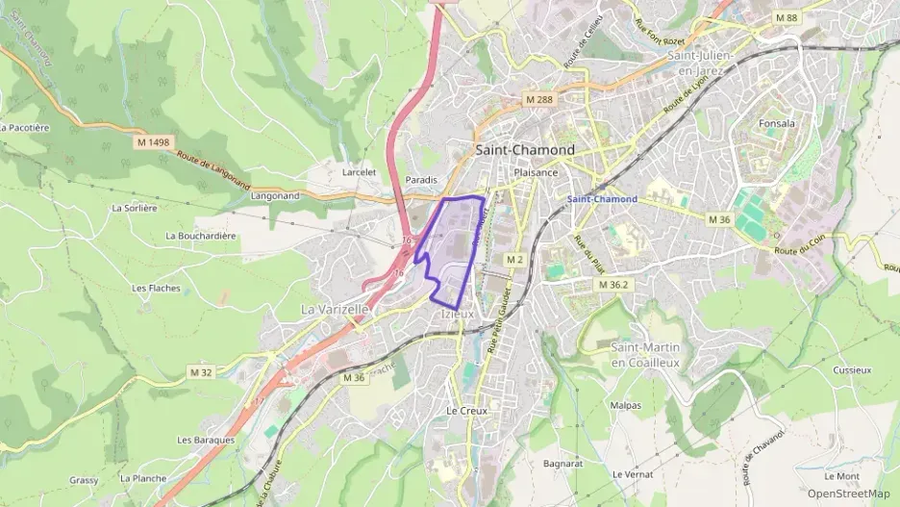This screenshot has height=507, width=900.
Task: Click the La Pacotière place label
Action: click(25, 127)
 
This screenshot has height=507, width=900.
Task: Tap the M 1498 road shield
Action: click(153, 142)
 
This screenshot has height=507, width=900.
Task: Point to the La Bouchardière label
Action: click(201, 236)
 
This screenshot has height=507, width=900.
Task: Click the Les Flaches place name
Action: click(156, 288)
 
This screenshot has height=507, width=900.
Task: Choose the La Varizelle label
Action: click(335, 310)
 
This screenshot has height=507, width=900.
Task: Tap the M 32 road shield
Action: click(201, 371)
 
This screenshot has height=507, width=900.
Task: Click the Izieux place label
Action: click(457, 314)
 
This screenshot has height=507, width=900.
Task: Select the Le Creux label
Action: click(467, 411)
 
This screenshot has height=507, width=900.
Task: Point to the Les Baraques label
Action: click(206, 440)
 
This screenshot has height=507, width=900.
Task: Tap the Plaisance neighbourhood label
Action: click(537, 173)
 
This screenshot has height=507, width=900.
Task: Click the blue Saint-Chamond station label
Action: click(602, 199)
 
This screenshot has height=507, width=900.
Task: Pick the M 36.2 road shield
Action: click(612, 285)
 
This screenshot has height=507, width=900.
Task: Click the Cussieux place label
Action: click(852, 369)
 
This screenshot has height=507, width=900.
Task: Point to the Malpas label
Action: click(626, 405)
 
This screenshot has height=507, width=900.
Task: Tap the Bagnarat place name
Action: click(563, 464)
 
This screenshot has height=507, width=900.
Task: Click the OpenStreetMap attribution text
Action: click(848, 494)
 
